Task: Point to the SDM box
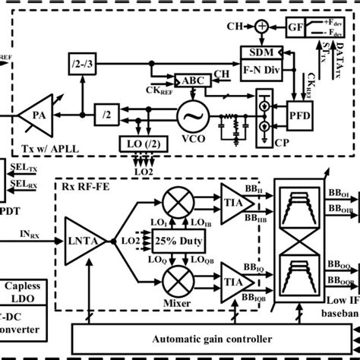click(x=256, y=51)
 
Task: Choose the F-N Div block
click(x=256, y=66)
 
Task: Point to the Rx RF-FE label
click(x=85, y=182)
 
